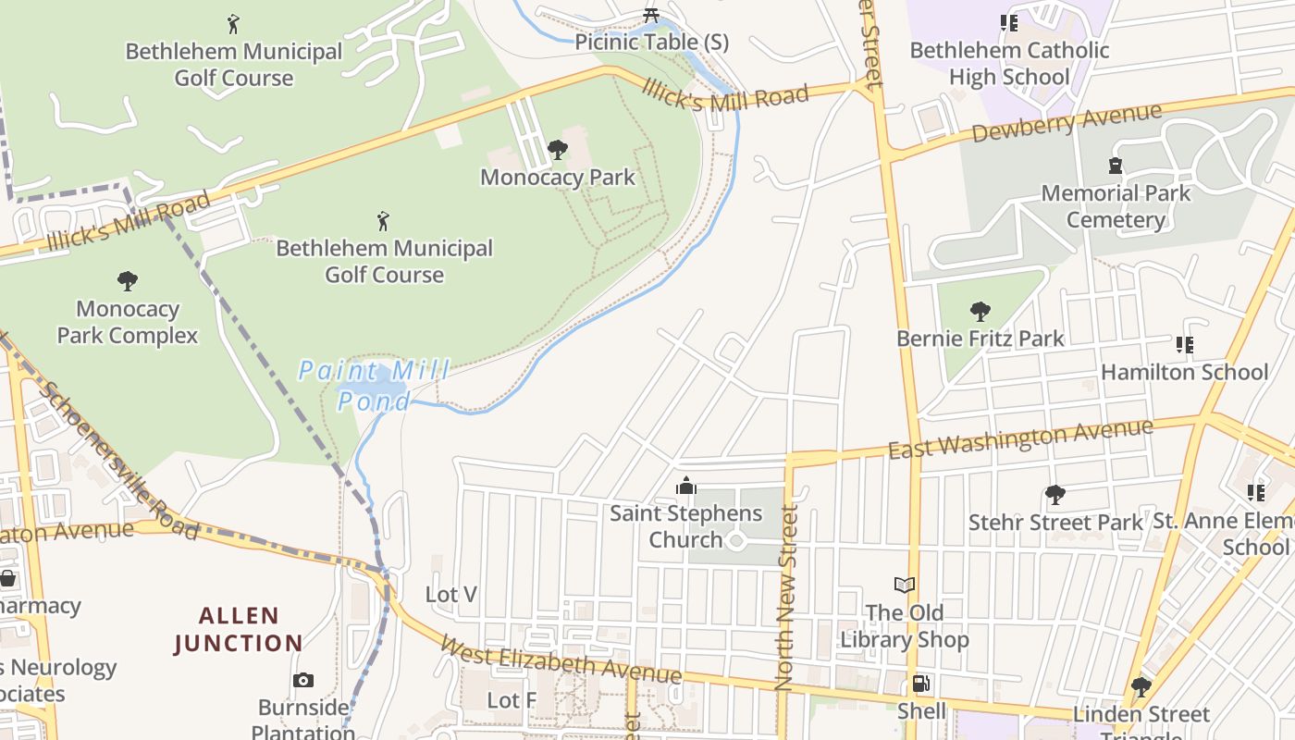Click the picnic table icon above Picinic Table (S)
[651, 15]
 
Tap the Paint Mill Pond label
[374, 386]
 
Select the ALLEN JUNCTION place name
[238, 629]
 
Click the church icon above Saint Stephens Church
[685, 486]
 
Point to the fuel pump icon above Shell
[921, 684]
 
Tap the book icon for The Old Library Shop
[905, 585]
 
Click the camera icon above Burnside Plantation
[303, 681]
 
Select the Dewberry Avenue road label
[1067, 123]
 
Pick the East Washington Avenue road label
[1020, 438]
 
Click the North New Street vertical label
[785, 597]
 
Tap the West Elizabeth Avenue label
[561, 660]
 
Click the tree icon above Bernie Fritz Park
[980, 311]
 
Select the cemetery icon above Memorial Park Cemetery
[1116, 166]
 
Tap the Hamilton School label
[1184, 372]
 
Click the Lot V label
[451, 594]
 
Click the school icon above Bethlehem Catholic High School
[1009, 22]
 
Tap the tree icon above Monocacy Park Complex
[128, 281]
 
